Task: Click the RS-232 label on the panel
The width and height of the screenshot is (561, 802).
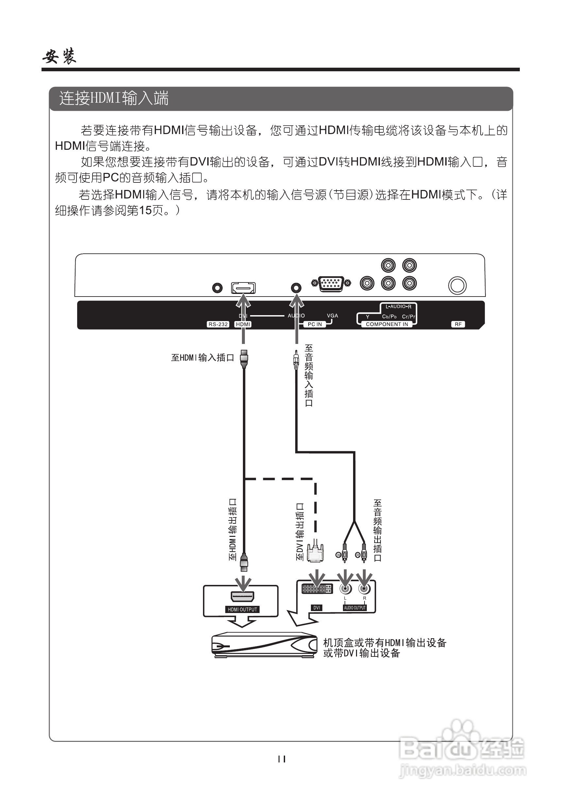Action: click(x=218, y=324)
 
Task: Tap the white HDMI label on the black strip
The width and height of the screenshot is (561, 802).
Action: click(x=243, y=324)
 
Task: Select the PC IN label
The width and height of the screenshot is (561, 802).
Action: click(x=315, y=324)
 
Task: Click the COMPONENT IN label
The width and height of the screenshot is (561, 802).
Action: click(x=387, y=324)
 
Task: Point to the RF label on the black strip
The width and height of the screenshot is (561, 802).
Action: click(x=458, y=324)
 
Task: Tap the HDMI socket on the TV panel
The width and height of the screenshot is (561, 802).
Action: click(x=243, y=288)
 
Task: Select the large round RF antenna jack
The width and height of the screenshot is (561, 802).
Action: click(x=457, y=285)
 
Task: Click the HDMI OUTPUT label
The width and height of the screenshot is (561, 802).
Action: click(x=243, y=609)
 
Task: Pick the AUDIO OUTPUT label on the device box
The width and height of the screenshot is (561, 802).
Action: click(x=355, y=608)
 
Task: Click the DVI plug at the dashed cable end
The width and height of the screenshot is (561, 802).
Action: click(x=315, y=552)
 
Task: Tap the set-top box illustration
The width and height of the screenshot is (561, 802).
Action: click(x=264, y=645)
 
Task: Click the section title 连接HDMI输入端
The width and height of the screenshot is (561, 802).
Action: click(x=114, y=98)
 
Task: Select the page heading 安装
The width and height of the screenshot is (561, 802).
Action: click(x=59, y=56)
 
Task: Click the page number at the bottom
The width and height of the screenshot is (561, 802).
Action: click(x=281, y=759)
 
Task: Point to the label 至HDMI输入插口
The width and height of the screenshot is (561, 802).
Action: click(x=202, y=358)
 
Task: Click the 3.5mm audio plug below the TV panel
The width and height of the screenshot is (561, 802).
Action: click(x=296, y=360)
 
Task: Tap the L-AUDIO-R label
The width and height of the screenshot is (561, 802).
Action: click(x=398, y=307)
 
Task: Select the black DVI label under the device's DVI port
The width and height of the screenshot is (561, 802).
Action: click(x=316, y=608)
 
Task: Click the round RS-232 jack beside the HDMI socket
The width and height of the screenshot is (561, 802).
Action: click(x=217, y=288)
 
